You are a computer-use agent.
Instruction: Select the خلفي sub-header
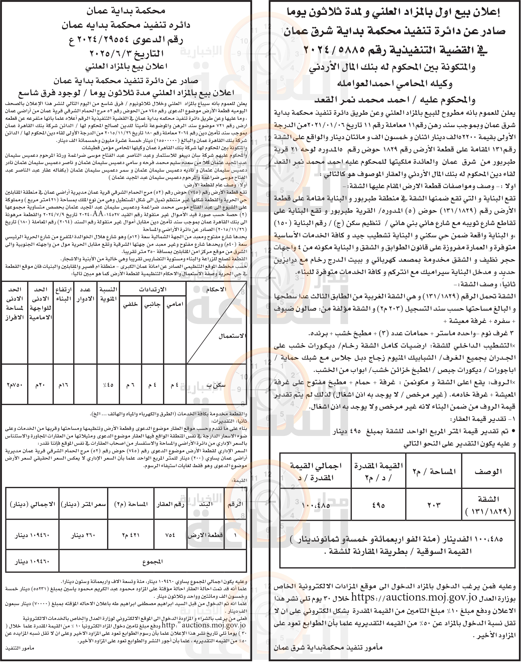pos(130,305)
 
